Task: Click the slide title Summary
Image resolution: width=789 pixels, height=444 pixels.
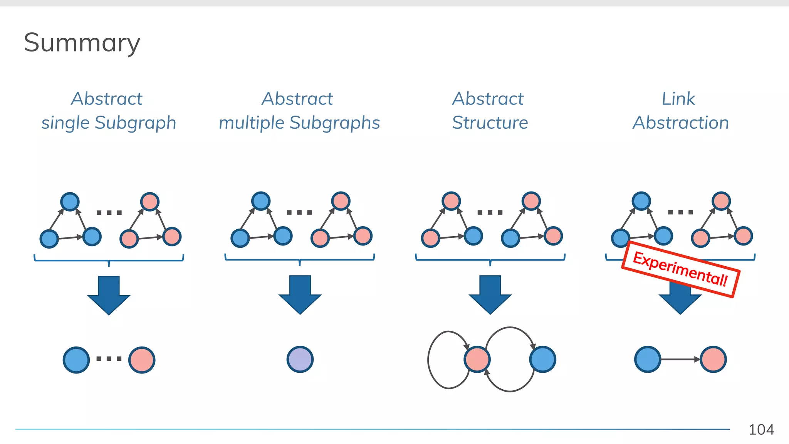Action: (82, 43)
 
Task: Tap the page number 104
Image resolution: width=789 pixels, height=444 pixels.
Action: (761, 429)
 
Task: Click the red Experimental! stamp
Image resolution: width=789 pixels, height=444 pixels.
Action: (680, 269)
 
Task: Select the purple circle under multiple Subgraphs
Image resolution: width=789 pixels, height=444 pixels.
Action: (300, 359)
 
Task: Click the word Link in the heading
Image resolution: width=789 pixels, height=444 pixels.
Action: (678, 99)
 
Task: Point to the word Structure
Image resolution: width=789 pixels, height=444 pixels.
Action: (490, 123)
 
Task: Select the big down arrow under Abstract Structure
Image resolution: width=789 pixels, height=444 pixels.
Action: (490, 294)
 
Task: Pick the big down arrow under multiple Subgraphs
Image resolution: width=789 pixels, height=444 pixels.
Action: (300, 294)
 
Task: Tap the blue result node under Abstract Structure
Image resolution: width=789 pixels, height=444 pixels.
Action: (542, 359)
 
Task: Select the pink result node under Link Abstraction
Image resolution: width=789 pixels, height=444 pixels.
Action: (713, 359)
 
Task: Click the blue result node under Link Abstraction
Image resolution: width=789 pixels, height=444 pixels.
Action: (648, 359)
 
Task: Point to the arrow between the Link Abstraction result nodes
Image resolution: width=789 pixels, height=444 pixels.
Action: (680, 359)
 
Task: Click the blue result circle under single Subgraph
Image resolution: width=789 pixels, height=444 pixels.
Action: (76, 360)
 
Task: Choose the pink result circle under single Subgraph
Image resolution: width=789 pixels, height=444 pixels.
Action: (142, 360)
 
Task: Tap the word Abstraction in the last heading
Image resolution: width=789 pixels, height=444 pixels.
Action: (681, 123)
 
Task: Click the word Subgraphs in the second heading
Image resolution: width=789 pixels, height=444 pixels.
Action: (334, 123)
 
